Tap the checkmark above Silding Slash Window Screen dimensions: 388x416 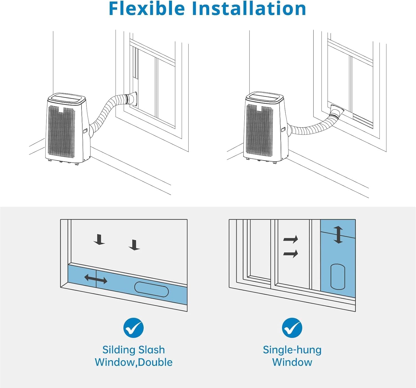coord(133,328)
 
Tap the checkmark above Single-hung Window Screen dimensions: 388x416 coord(292,328)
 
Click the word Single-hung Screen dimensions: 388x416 coord(292,350)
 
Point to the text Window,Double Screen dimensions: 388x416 coord(133,362)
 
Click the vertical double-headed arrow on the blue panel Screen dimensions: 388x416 coord(338,235)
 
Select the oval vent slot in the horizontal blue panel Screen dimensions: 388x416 coord(151,289)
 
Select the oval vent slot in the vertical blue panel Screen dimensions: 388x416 coord(338,277)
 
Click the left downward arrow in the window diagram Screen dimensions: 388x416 coord(99,240)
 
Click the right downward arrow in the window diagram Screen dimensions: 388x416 coord(135,245)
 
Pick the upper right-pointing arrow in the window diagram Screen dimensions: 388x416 coord(291,239)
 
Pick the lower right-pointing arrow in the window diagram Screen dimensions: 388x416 coord(291,254)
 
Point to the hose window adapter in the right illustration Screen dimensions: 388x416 coord(337,111)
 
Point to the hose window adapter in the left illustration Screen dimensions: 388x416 coord(133,99)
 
